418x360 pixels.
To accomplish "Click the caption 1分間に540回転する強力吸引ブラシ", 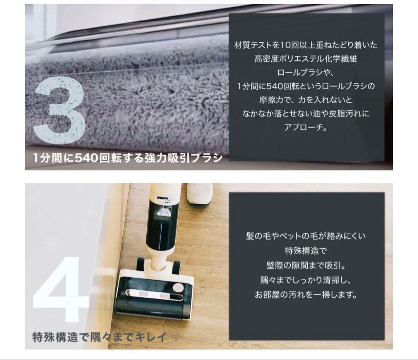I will coord(128,158).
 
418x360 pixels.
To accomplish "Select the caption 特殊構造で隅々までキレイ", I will coord(99,337).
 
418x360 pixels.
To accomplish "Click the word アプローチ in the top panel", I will coord(306,127).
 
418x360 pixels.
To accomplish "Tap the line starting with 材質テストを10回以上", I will coord(306,45).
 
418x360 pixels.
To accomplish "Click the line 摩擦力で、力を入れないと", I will coord(306,100).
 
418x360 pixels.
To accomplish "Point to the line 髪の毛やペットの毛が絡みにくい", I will coord(306,236).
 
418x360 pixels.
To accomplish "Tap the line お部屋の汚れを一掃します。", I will coord(306,295).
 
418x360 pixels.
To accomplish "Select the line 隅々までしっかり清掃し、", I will coord(306,280).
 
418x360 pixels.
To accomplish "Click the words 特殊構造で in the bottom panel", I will coord(306,251).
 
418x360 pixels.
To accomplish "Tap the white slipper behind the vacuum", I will coord(199,193).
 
